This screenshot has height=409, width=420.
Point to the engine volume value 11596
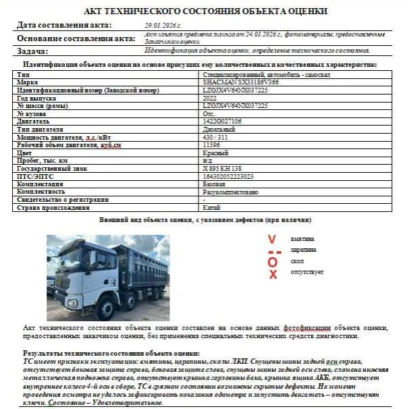211,144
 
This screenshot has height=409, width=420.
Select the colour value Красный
215,153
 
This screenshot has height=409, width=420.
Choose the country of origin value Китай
212,208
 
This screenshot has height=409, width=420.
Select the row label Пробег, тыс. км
43,161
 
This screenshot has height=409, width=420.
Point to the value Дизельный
218,129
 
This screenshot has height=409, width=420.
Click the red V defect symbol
271,240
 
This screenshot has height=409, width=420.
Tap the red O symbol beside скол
272,262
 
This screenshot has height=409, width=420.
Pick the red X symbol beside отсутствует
273,274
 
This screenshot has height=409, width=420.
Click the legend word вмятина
303,240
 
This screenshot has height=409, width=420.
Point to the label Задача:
32,51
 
